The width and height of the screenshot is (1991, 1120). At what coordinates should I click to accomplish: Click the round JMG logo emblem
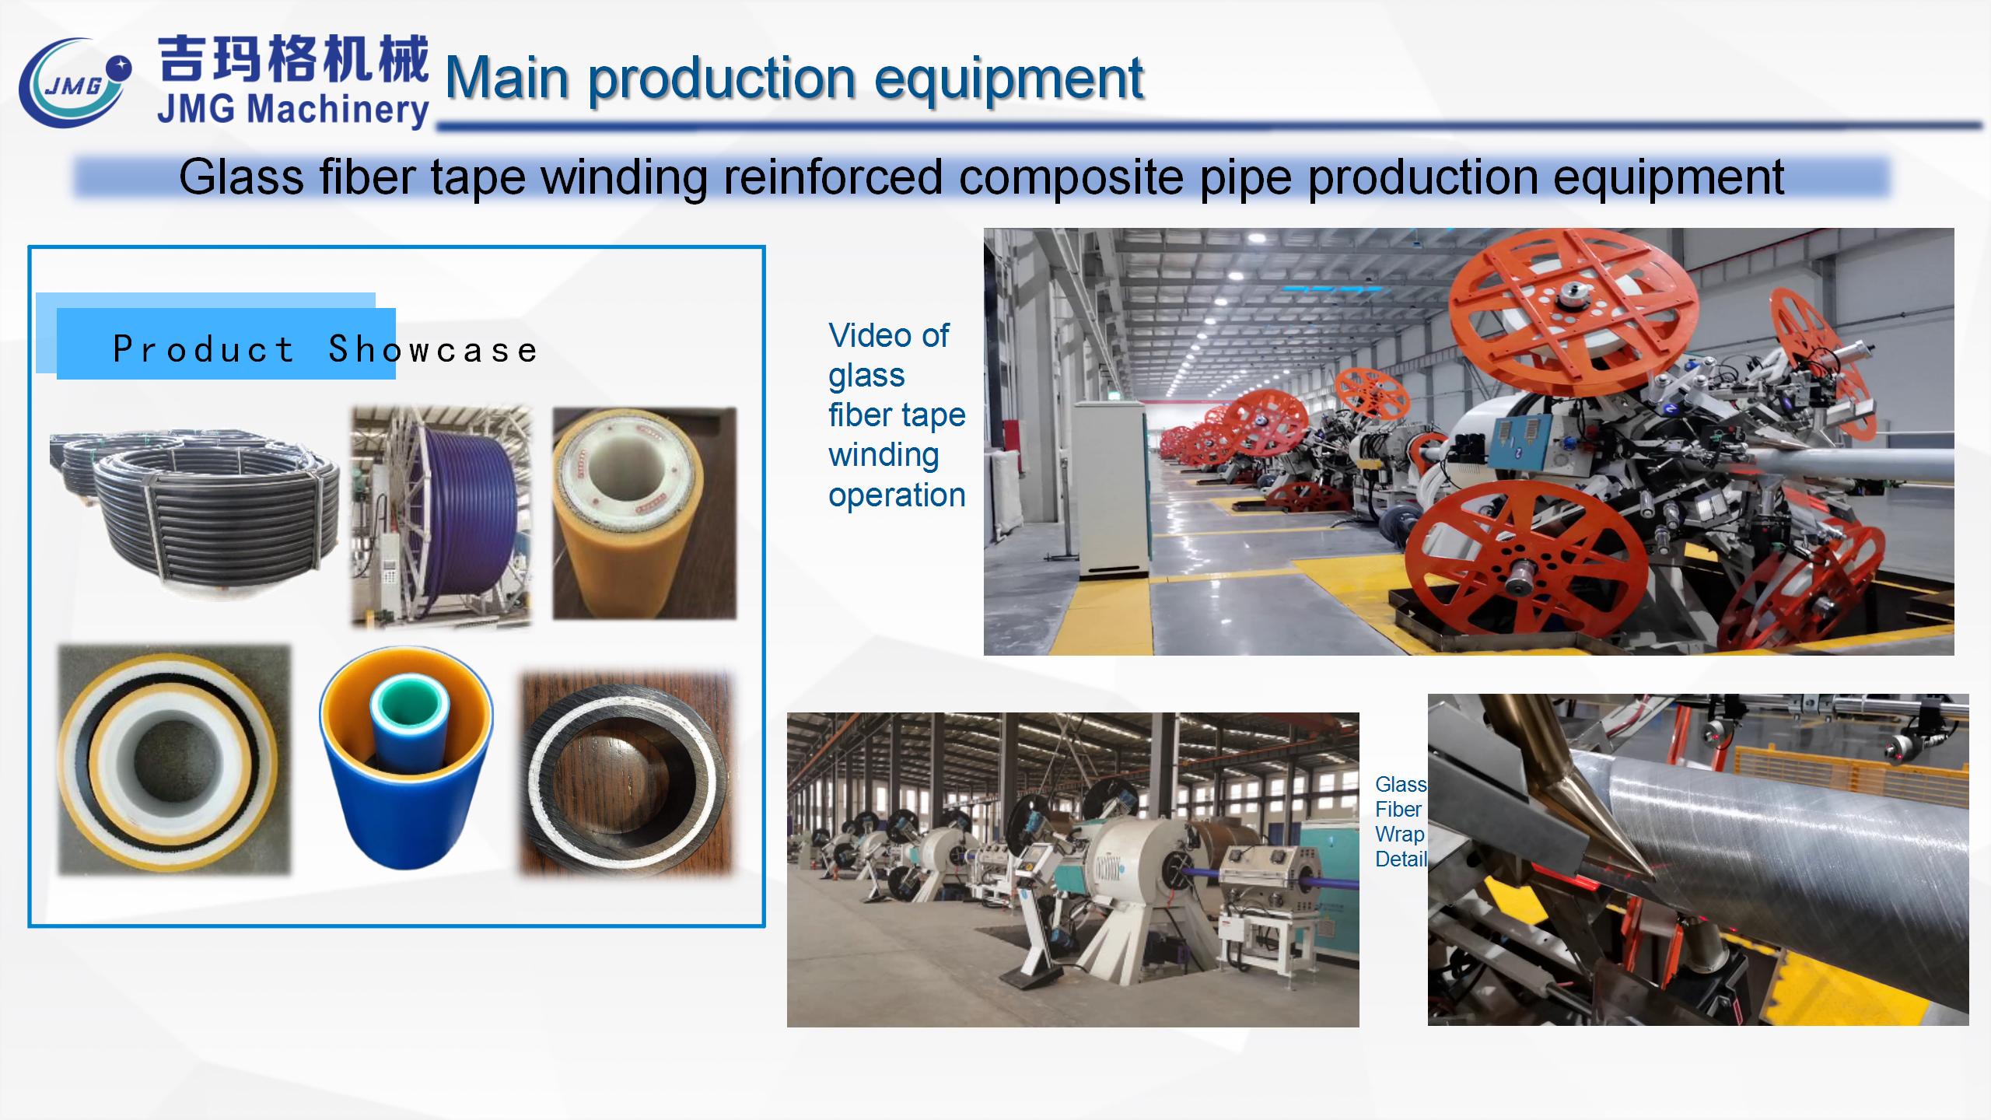(x=74, y=84)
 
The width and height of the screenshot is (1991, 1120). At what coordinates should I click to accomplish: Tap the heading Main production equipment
(x=793, y=78)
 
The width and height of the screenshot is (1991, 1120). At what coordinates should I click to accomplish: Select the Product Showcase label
(x=325, y=349)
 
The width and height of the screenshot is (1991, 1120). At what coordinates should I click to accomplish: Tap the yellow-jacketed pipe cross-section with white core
(x=644, y=513)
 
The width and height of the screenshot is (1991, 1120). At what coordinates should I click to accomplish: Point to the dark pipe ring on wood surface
(x=627, y=774)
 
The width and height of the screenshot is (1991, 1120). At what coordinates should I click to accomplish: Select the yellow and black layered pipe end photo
(x=174, y=759)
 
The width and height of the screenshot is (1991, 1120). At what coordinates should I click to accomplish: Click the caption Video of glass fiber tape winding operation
(x=896, y=415)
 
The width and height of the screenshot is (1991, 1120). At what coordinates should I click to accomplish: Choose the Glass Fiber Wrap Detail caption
(x=1401, y=821)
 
